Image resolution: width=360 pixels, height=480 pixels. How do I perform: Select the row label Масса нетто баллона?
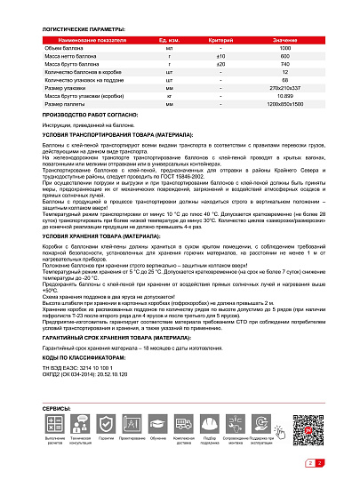tap(82, 59)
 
